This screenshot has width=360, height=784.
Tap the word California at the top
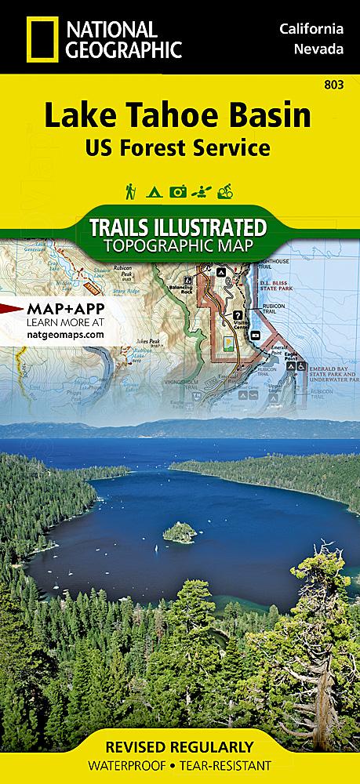pos(311,29)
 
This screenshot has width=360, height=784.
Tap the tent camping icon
pos(154,191)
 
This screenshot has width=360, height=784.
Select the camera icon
pos(179,191)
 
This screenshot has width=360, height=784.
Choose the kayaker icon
pos(203,191)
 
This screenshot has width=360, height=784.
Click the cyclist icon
pos(228,191)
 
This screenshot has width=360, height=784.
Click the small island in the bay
pos(180,534)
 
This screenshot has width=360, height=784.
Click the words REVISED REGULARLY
pos(180,746)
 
